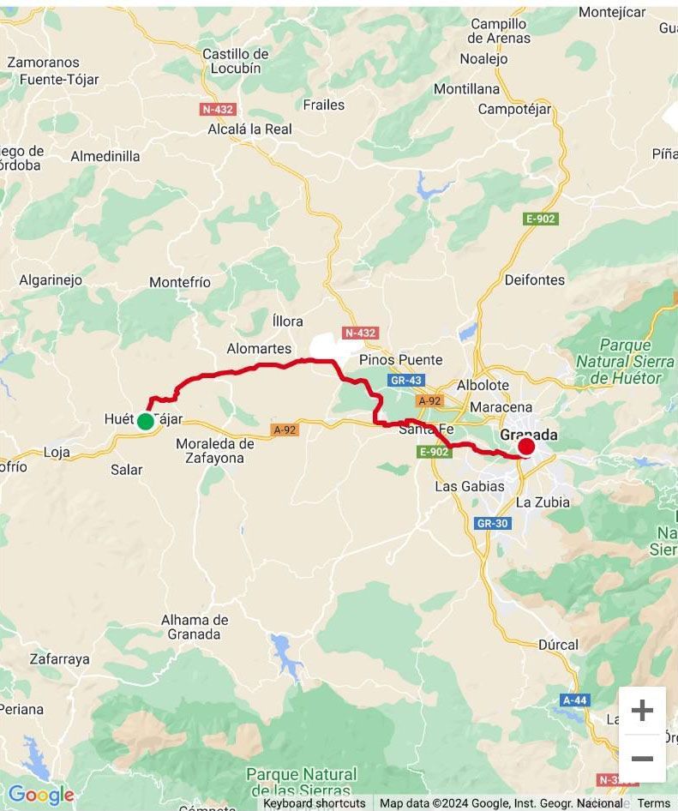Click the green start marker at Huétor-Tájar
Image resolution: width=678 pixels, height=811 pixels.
[x=145, y=421]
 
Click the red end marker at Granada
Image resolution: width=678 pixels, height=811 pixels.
[x=526, y=446]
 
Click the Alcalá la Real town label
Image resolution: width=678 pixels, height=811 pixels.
[x=249, y=129]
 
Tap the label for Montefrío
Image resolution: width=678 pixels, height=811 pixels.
[x=180, y=282]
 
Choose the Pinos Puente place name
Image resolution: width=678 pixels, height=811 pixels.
[x=401, y=360]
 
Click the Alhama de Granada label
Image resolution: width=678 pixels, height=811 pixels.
[x=195, y=628]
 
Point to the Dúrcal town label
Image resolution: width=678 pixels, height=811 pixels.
[x=558, y=645]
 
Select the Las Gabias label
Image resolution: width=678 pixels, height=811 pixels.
[x=470, y=486]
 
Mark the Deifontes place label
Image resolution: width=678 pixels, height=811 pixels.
[x=535, y=279]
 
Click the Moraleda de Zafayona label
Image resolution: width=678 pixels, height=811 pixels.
[x=215, y=451]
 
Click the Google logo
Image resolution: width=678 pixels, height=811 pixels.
[x=40, y=795]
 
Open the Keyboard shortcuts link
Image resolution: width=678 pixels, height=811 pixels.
[x=314, y=803]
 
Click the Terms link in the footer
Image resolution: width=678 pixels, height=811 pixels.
[x=654, y=803]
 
